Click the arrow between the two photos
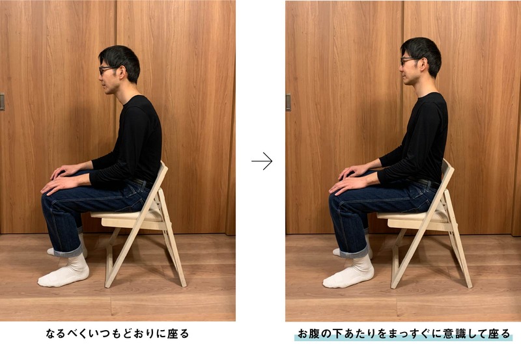[262, 161]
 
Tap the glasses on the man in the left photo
[107, 70]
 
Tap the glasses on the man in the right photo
[410, 60]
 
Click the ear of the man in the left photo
[122, 72]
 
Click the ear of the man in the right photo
[423, 63]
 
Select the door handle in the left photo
[2, 102]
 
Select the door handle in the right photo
[288, 102]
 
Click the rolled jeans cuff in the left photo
[68, 251]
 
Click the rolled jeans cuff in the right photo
[354, 252]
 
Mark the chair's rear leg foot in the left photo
[183, 284]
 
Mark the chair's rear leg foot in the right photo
[468, 284]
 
